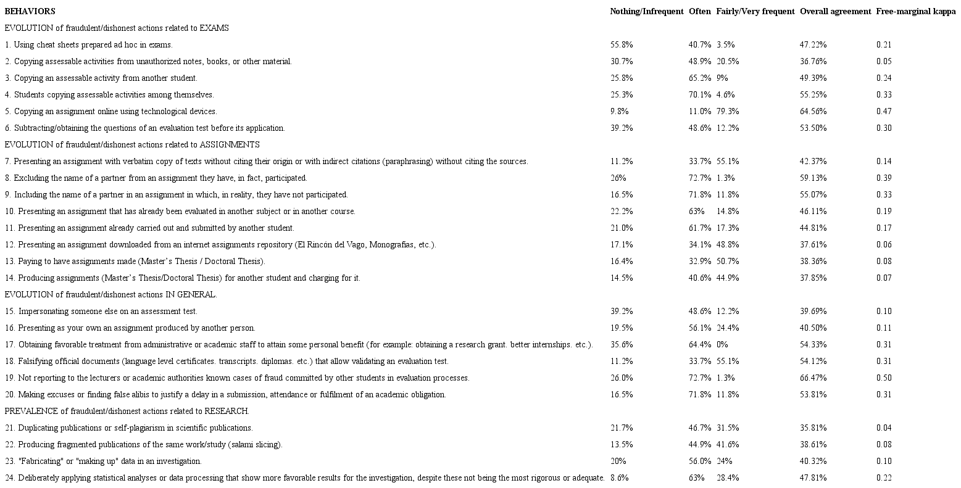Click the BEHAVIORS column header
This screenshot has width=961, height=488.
[x=30, y=11]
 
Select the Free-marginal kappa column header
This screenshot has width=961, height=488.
[x=915, y=11]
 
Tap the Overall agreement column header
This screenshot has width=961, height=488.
[x=835, y=11]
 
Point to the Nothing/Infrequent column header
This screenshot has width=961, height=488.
[x=646, y=11]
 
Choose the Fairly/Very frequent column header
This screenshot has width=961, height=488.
[x=755, y=11]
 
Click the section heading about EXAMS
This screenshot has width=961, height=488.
[x=117, y=28]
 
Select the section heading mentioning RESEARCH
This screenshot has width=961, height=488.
[x=127, y=411]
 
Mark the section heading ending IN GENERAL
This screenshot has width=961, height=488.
[x=110, y=294]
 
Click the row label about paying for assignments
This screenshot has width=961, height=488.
[x=135, y=261]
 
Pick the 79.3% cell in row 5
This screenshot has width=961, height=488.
[x=728, y=111]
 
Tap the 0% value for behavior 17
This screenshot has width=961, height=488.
[x=722, y=344]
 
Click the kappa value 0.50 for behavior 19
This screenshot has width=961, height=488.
[x=884, y=378]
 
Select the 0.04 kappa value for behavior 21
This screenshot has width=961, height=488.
[x=884, y=428]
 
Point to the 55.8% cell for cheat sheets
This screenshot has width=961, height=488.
[x=621, y=44]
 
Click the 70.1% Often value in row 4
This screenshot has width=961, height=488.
[x=700, y=94]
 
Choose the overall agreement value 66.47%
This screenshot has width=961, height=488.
[x=813, y=378]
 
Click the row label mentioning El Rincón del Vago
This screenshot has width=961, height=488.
[x=220, y=244]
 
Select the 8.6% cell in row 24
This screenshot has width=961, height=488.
[x=619, y=478]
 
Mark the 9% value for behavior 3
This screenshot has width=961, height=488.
[x=722, y=78]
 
